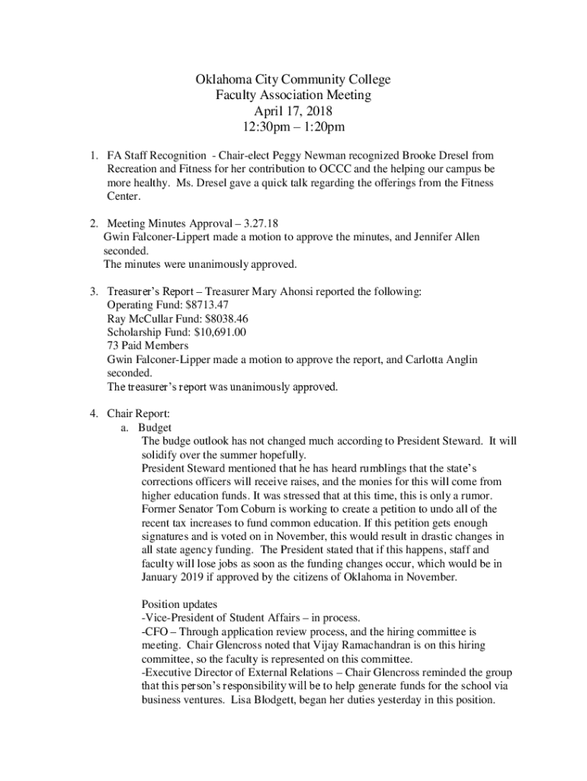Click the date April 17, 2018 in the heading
pyautogui.click(x=293, y=111)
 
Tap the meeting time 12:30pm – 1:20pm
pyautogui.click(x=293, y=127)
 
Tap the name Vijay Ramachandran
pyautogui.click(x=361, y=645)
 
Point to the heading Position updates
pyautogui.click(x=181, y=604)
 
